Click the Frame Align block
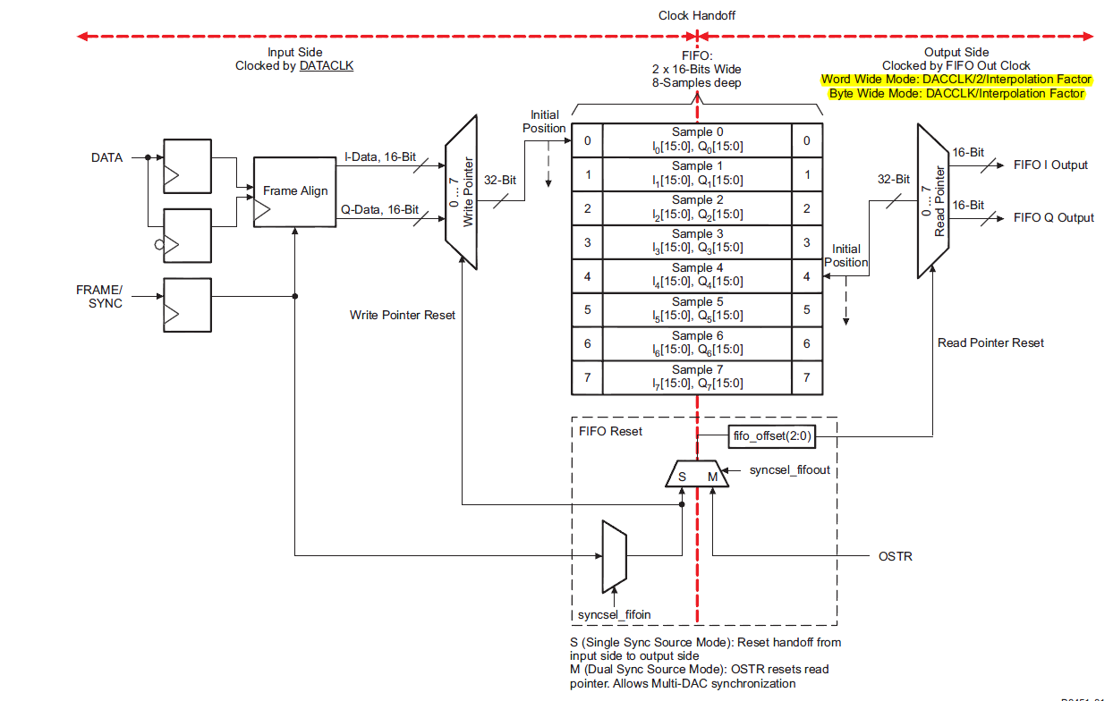(x=295, y=191)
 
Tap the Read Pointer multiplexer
(x=933, y=200)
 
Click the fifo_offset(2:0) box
(x=770, y=437)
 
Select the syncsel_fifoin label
(x=614, y=615)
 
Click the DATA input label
(x=107, y=157)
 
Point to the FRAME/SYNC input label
(x=99, y=297)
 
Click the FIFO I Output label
(x=1050, y=165)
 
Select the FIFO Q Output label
(x=1053, y=218)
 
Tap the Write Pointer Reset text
(x=403, y=316)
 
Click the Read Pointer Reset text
(x=990, y=342)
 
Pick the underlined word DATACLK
(x=327, y=66)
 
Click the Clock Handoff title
(x=697, y=16)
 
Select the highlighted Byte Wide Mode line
(x=956, y=94)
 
